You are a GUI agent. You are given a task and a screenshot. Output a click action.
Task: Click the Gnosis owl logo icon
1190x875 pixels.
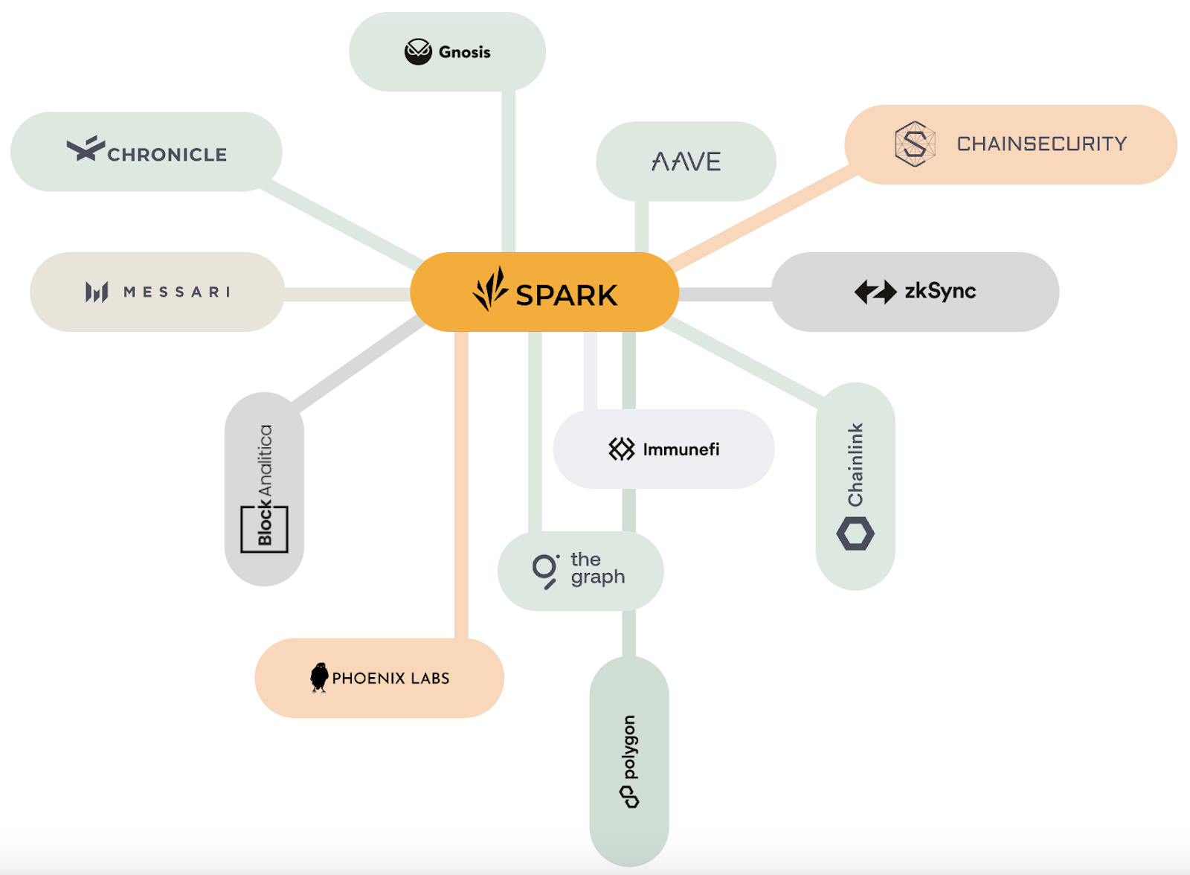click(418, 51)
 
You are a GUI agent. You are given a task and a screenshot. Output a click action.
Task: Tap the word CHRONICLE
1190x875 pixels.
click(167, 155)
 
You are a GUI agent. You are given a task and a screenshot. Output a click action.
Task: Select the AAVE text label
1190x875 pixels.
click(686, 161)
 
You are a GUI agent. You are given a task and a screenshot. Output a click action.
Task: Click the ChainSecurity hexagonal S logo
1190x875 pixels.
click(914, 144)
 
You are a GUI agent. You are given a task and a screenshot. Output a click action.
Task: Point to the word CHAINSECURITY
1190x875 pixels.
click(1041, 144)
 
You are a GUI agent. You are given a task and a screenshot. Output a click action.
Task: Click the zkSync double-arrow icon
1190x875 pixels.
click(875, 292)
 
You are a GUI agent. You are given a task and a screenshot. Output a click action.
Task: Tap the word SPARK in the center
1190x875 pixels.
click(566, 295)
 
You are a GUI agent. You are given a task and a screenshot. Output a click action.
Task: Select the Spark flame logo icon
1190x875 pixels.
click(490, 289)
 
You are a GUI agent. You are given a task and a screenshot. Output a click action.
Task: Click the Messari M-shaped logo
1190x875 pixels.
click(97, 292)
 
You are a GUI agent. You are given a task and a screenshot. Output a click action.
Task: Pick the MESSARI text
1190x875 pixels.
click(177, 292)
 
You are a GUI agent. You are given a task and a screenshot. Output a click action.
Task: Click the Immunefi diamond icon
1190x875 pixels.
click(621, 449)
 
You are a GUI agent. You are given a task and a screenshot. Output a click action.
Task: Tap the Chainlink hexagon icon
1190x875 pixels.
click(855, 533)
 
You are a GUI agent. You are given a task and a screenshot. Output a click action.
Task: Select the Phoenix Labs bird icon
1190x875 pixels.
click(319, 677)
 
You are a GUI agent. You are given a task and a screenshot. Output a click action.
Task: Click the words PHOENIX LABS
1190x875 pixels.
click(390, 678)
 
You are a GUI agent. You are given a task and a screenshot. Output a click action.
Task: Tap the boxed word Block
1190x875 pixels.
click(265, 525)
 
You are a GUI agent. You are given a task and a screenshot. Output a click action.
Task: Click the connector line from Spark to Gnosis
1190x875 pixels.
click(508, 171)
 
